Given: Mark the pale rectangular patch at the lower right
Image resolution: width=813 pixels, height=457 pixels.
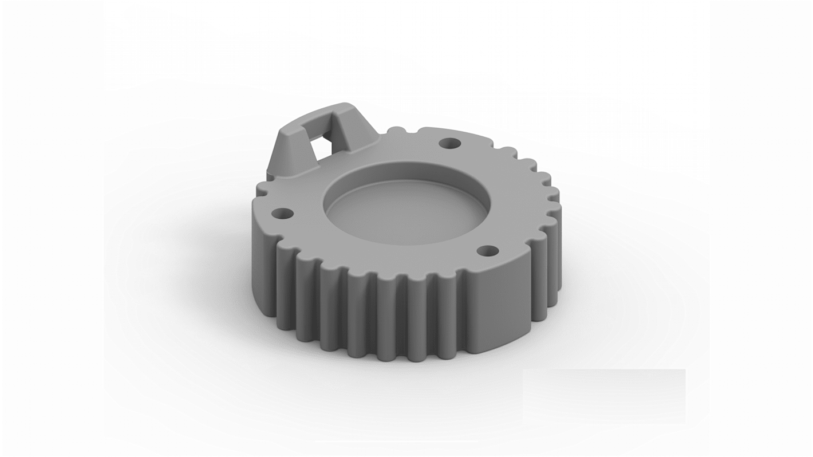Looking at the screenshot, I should point(604,395).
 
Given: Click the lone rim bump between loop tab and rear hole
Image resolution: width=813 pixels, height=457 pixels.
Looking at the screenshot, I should point(395,131).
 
